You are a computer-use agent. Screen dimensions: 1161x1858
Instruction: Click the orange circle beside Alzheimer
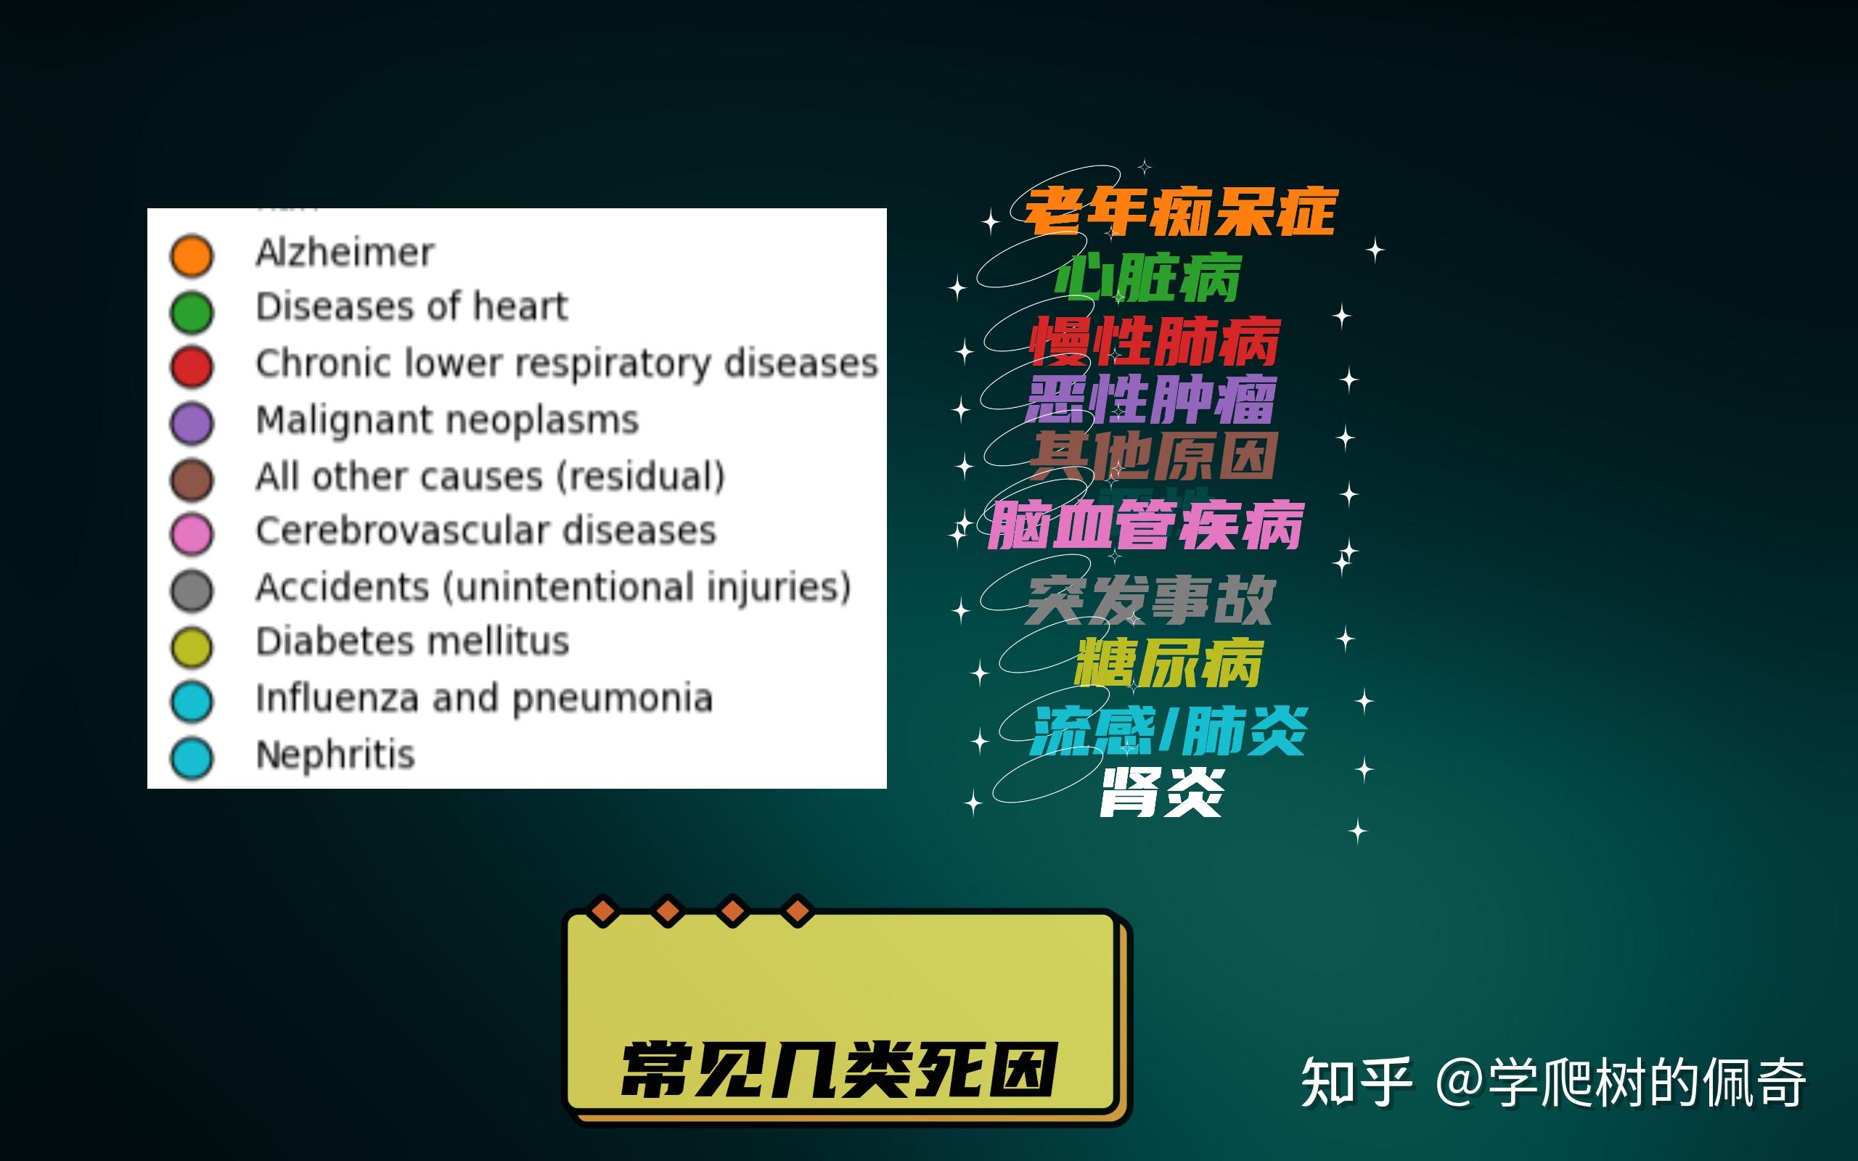pyautogui.click(x=191, y=255)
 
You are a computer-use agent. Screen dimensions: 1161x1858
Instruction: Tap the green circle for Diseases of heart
pyautogui.click(x=191, y=312)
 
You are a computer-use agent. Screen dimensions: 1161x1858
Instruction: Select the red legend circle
pyautogui.click(x=191, y=366)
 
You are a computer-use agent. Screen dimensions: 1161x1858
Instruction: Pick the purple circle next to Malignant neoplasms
pyautogui.click(x=191, y=423)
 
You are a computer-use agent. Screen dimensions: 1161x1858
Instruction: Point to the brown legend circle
pyautogui.click(x=191, y=479)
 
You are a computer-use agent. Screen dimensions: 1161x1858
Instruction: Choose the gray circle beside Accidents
pyautogui.click(x=191, y=591)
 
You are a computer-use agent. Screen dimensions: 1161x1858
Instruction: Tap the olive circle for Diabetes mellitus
pyautogui.click(x=191, y=647)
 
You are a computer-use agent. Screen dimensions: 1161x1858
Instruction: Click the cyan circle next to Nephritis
pyautogui.click(x=191, y=758)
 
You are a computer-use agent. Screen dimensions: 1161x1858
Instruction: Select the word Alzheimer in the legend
pyautogui.click(x=345, y=253)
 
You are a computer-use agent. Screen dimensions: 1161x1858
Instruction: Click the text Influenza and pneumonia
pyautogui.click(x=483, y=699)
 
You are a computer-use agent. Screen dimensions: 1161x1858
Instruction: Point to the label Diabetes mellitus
pyautogui.click(x=412, y=641)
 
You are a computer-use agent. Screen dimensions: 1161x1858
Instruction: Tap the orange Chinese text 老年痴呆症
pyautogui.click(x=1181, y=212)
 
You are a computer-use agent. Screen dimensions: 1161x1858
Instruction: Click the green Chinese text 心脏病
pyautogui.click(x=1147, y=278)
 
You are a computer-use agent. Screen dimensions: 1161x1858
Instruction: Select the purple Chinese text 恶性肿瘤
pyautogui.click(x=1150, y=399)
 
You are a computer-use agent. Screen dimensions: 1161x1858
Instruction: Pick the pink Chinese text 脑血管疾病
pyautogui.click(x=1145, y=526)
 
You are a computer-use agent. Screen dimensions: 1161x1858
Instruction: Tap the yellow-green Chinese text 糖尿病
pyautogui.click(x=1169, y=663)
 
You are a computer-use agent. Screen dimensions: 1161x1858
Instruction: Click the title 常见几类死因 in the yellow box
pyautogui.click(x=838, y=1070)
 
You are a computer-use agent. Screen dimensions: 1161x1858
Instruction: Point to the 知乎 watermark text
pyautogui.click(x=1356, y=1081)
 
